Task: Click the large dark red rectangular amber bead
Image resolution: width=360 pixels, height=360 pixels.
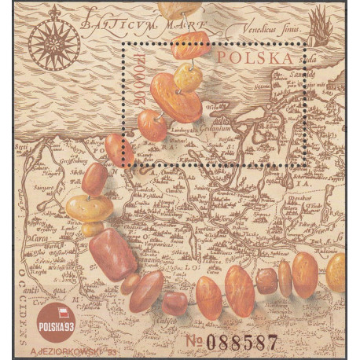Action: point(112,255)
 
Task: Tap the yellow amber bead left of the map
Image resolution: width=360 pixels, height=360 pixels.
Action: point(89,208)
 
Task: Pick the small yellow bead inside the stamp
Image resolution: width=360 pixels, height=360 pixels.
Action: point(188,77)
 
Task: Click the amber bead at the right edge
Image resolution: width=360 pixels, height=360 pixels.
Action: point(336,272)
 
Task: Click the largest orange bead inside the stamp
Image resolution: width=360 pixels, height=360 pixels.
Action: point(175,98)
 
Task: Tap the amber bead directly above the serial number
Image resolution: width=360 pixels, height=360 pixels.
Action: point(238,290)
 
